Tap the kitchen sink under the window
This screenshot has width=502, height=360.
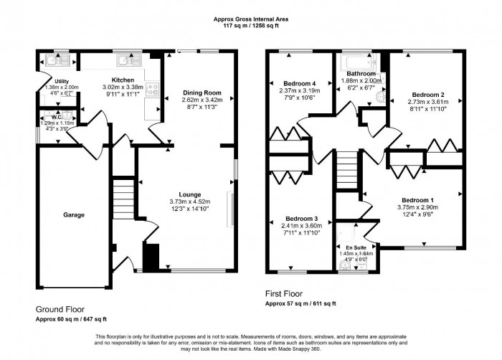(x=129, y=61)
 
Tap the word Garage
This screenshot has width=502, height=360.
(x=73, y=214)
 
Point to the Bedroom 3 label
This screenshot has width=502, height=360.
(x=301, y=218)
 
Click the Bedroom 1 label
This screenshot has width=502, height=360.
(x=417, y=200)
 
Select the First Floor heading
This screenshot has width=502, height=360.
(x=285, y=293)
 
